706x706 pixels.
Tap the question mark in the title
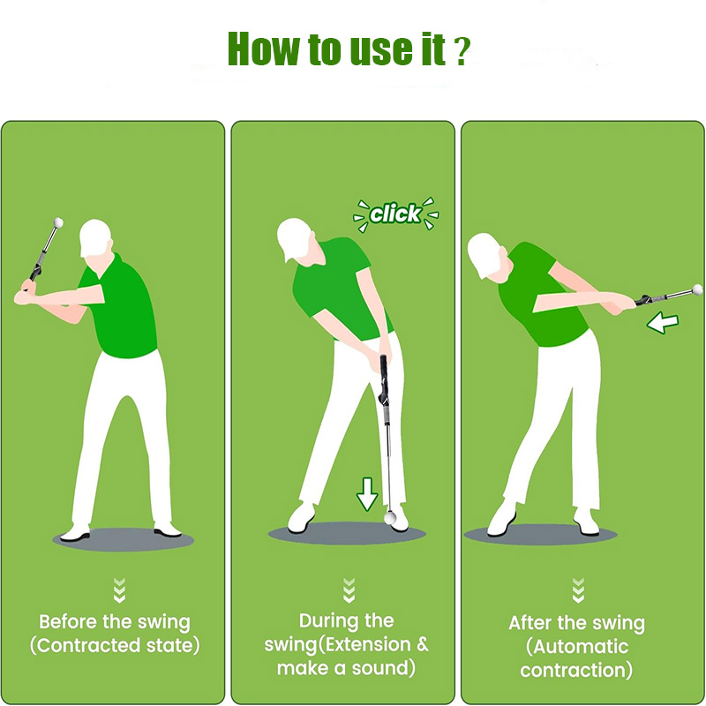pos(461,52)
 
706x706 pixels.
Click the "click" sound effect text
pos(394,214)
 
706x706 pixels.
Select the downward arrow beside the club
pos(367,494)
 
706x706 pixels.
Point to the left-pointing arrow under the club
pos(663,323)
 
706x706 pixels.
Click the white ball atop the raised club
pos(58,222)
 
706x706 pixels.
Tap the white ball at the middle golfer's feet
pos(390,517)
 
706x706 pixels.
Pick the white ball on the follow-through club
pos(697,289)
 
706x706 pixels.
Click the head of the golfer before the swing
pos(95,238)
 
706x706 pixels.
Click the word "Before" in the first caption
pos(68,622)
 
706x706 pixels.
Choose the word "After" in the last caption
pos(530,623)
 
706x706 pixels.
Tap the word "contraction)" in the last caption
pos(576,670)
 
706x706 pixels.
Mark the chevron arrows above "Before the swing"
pos(119,590)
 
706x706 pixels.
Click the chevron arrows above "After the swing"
pos(578,590)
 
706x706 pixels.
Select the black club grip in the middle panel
pos(384,379)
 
